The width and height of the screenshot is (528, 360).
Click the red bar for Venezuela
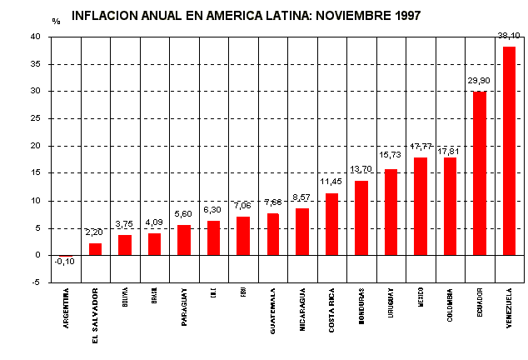(x=509, y=151)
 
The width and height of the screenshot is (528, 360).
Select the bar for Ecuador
(x=479, y=173)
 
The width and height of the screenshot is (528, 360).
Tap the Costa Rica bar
(x=331, y=224)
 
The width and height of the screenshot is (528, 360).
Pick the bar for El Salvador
(x=95, y=249)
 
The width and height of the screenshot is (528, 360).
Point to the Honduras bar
(x=361, y=217)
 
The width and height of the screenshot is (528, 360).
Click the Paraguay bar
(x=184, y=240)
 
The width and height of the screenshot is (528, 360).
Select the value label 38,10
(x=508, y=36)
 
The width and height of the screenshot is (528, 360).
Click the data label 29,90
(x=478, y=81)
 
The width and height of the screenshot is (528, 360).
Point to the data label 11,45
(x=331, y=182)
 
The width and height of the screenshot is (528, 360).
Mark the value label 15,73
(x=390, y=154)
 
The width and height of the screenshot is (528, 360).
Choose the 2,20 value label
(x=94, y=232)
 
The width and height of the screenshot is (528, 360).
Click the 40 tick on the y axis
(x=35, y=37)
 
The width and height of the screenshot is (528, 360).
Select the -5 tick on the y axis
(x=36, y=282)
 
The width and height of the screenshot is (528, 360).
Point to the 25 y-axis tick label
(x=35, y=118)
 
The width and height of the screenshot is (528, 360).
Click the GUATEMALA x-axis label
(x=273, y=311)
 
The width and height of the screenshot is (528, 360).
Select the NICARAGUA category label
(x=302, y=310)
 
